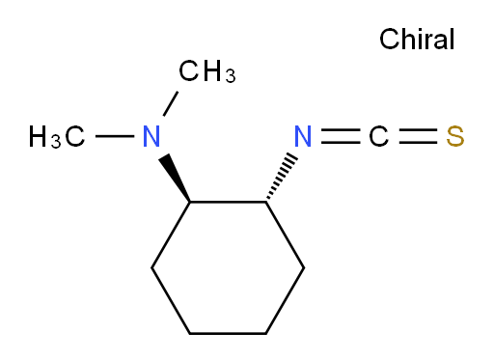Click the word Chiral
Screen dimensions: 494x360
(417, 39)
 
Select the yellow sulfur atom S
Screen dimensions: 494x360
(455, 136)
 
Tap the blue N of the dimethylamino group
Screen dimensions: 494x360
(151, 136)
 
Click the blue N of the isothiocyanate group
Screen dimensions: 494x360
(303, 136)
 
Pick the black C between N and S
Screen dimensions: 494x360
(379, 136)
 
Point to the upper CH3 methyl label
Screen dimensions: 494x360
(207, 71)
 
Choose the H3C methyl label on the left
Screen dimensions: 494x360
(57, 137)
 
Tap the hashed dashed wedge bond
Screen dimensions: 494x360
(282, 178)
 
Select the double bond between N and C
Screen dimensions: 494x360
(341, 136)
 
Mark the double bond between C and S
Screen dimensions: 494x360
(418, 136)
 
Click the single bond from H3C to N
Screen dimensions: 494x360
(115, 136)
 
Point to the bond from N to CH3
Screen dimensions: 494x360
(171, 103)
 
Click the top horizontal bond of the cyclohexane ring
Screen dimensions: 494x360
(228, 202)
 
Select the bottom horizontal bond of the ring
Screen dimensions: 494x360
(228, 334)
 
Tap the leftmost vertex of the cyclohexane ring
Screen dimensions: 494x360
(151, 267)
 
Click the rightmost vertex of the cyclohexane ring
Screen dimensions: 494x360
(304, 267)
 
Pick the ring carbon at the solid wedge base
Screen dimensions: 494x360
(190, 202)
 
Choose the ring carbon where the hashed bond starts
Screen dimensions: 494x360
(266, 202)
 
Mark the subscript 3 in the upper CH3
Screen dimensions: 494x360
(231, 76)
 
